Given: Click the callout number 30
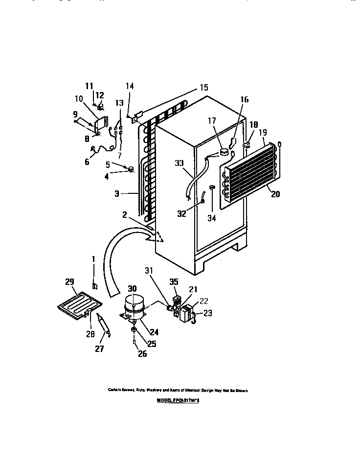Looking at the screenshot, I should [133, 289].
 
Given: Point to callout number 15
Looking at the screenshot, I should [203, 88].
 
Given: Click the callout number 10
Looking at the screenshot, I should [79, 98].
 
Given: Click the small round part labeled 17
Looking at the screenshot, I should [225, 152].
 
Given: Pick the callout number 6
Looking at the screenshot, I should [87, 162].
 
